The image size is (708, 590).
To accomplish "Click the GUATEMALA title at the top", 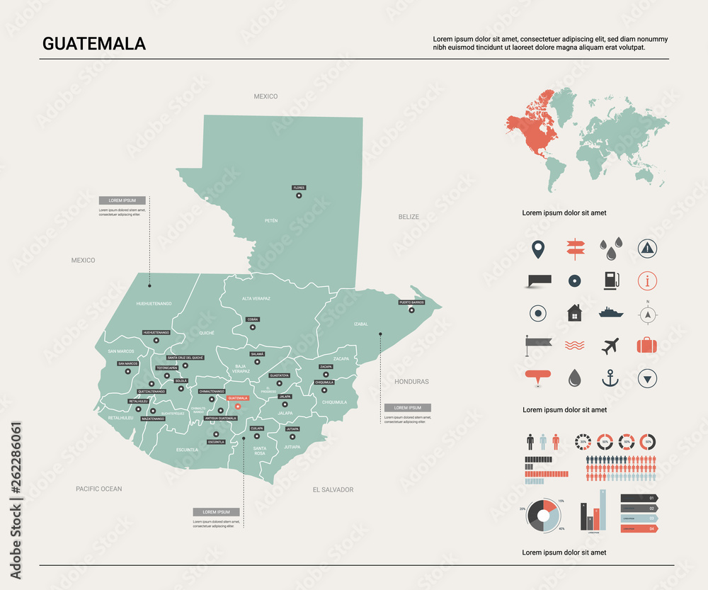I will pos(94,43).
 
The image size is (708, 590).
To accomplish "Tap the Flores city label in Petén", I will pos(299,188).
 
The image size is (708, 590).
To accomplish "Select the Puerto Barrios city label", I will pos(411,302).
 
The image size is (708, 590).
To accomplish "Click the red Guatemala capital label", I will pos(238,398).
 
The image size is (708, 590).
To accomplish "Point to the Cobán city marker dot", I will pos(253,327).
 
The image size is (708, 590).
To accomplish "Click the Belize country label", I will pos(409,217).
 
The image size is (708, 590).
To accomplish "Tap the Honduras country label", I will pos(411,382).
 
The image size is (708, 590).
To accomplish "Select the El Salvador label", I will pos(333,489).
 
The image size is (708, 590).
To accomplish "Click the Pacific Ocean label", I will pos(99,489).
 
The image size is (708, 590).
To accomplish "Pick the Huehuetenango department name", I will pos(154,303).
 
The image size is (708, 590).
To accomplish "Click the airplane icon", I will pos(610,346).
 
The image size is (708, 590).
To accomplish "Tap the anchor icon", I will pos(610,378).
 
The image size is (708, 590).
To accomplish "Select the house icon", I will pos(574,312).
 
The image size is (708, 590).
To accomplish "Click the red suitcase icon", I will pos(646,346).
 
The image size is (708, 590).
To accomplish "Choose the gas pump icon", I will pos(610,280).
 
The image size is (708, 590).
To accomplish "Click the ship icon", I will pos(610,312).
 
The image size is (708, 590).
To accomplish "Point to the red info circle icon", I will pos(646,280).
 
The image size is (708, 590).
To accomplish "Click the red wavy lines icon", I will pos(574,346).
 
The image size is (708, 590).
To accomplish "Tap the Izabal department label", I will pos(361,324).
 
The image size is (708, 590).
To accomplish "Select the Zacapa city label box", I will pos(326,367).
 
